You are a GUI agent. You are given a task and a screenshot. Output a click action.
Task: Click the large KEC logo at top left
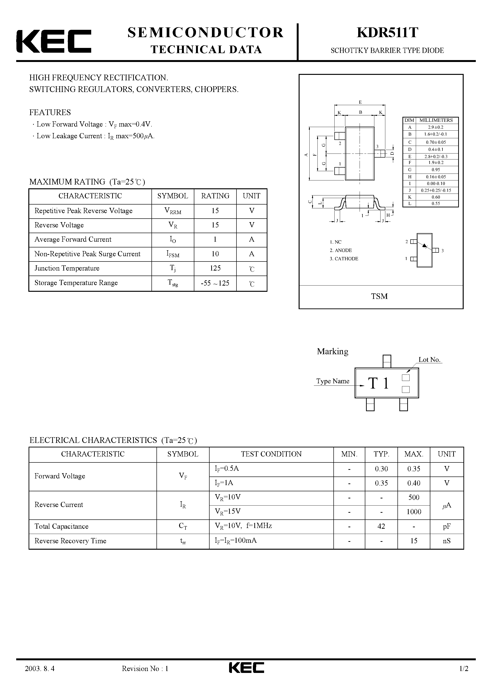click(x=54, y=41)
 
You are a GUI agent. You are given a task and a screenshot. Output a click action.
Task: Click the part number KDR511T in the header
click(x=387, y=33)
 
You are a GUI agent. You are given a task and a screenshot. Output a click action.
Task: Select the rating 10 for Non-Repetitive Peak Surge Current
click(x=215, y=254)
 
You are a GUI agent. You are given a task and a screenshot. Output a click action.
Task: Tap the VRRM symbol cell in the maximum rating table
click(x=173, y=211)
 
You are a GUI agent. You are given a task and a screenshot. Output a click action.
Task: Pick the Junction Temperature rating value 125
click(x=215, y=268)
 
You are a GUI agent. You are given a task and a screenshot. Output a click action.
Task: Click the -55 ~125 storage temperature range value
click(x=215, y=283)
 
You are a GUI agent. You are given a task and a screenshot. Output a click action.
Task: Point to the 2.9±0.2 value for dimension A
click(x=436, y=127)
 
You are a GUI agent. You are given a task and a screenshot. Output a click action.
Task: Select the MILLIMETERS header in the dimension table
click(x=436, y=120)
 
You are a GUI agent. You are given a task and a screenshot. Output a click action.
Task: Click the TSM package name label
click(x=379, y=296)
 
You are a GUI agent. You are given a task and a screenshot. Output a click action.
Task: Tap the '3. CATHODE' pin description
click(x=344, y=259)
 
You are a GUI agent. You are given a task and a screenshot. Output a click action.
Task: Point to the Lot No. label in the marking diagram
click(x=429, y=360)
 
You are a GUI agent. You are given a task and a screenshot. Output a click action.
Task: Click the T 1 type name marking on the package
click(x=379, y=383)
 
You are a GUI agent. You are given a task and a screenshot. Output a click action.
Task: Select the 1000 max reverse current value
click(x=414, y=512)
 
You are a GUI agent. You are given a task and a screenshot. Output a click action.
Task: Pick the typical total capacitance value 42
click(x=381, y=526)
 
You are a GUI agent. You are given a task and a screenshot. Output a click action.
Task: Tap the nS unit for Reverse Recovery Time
click(x=447, y=541)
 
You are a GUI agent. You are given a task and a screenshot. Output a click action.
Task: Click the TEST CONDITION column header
click(x=271, y=454)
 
